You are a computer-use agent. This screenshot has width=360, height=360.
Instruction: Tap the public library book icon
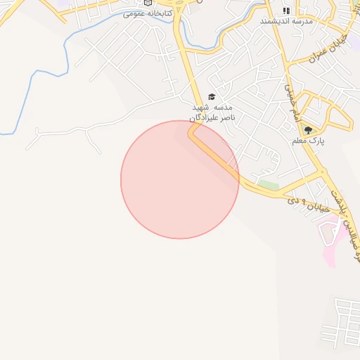click(148, 3)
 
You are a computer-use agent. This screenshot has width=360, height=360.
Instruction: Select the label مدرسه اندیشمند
click(286, 21)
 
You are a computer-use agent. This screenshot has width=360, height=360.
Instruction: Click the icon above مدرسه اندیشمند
click(285, 11)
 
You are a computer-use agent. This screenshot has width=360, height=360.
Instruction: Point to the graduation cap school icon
click(212, 97)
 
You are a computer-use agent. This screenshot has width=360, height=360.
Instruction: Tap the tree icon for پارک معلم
click(308, 130)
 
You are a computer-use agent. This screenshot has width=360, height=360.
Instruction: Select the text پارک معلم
click(308, 141)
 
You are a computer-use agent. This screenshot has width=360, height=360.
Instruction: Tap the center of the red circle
click(180, 180)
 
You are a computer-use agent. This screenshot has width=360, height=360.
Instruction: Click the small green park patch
click(268, 185)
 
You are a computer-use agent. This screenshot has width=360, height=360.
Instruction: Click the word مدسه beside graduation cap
click(223, 108)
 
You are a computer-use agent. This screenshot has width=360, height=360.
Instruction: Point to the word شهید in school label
click(202, 108)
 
